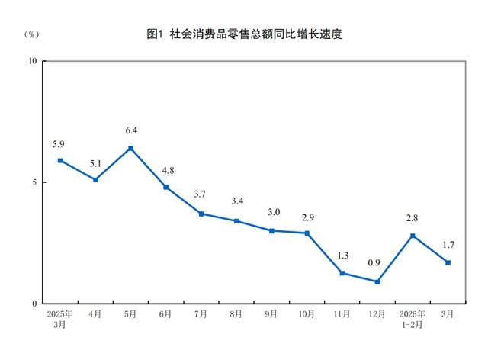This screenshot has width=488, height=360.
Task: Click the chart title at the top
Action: (x=244, y=34)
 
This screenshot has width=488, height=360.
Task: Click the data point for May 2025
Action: (x=130, y=148)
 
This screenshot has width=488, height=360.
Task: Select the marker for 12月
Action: (x=377, y=281)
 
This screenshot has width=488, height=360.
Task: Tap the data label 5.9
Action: (x=59, y=143)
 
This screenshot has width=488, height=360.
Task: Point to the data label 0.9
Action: (x=377, y=265)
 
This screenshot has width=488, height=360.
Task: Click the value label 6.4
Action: (x=130, y=131)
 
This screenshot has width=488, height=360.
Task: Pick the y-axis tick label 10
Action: (x=33, y=61)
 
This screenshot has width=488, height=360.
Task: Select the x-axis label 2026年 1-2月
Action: (x=413, y=318)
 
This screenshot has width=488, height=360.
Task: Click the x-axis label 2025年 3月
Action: (x=59, y=318)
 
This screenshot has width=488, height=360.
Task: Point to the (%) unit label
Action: (x=31, y=34)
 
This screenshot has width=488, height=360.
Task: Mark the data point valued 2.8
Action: (x=413, y=236)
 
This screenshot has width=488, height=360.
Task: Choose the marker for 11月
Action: (x=342, y=272)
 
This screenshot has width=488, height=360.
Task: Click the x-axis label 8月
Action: (x=236, y=313)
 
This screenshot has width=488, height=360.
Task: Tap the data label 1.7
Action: (x=448, y=245)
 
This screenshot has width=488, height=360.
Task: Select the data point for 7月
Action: (x=201, y=214)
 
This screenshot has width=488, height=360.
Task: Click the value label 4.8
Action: (x=165, y=170)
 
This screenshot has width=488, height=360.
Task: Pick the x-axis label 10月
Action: (x=307, y=313)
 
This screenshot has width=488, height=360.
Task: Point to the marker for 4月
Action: (x=95, y=180)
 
